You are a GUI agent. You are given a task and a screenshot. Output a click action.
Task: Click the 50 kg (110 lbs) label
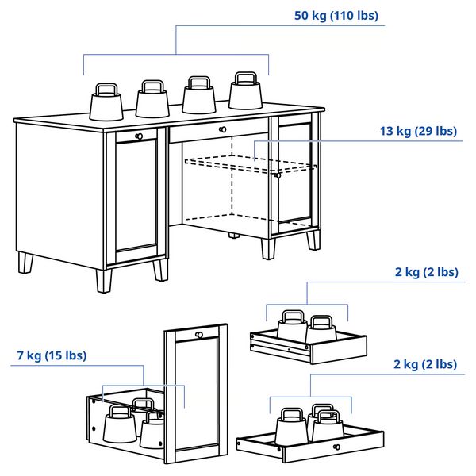click(336, 16)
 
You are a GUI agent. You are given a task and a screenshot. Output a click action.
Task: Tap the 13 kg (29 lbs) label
click(416, 131)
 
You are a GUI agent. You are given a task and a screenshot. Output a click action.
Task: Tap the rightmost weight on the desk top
click(245, 92)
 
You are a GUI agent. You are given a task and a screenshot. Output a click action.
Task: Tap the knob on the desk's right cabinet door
click(277, 176)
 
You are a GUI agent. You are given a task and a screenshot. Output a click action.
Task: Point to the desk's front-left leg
click(104, 280)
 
